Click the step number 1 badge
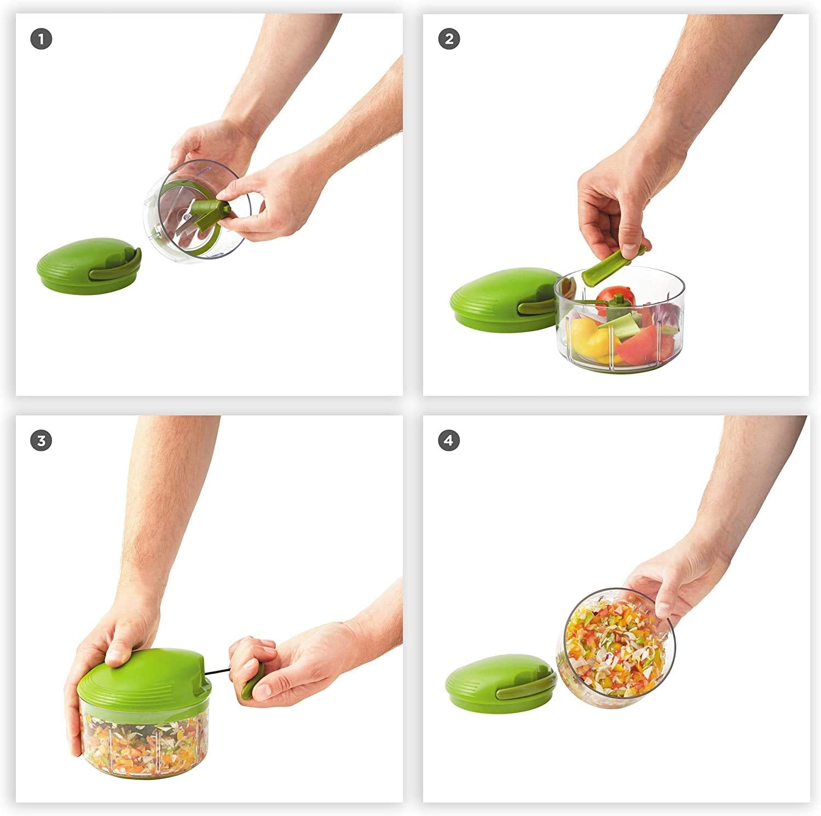41,39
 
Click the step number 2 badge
449,39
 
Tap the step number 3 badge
41,441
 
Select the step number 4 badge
449,441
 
